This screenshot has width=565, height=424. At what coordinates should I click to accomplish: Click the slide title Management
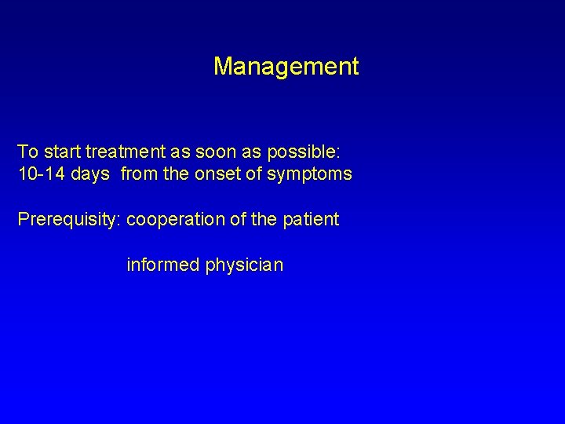(286, 67)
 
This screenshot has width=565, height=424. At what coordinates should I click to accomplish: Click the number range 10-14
(42, 174)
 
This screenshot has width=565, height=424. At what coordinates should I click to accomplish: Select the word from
(139, 174)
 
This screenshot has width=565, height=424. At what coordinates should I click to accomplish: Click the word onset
(217, 174)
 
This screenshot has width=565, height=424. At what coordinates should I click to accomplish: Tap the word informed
(163, 265)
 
